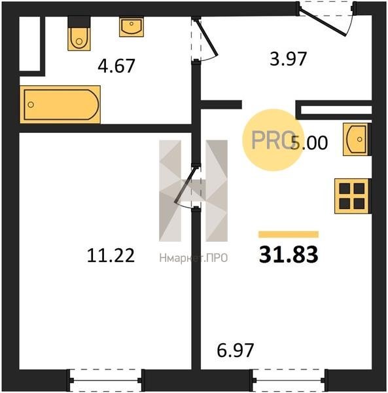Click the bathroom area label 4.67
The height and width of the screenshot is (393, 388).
116,66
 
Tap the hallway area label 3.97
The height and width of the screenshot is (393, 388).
288,59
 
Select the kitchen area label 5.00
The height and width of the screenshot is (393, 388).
309,143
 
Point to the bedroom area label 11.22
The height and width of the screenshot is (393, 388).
111,255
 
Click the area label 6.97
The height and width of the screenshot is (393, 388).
236,350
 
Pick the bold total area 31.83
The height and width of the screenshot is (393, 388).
289,254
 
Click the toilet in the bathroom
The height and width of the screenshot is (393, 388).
79,39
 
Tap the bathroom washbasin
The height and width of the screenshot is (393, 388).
132,27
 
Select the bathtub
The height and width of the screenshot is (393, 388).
60,104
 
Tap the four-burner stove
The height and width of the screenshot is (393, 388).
352,196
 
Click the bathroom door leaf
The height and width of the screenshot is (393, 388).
207,37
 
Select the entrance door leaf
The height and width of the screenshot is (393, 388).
323,22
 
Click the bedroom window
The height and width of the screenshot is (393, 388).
105,381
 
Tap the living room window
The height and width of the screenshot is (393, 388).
289,381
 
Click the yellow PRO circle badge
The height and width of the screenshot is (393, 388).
273,140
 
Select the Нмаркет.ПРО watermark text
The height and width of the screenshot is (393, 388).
194,258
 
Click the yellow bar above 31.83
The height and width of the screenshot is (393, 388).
289,234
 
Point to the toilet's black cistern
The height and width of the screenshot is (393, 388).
79,22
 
